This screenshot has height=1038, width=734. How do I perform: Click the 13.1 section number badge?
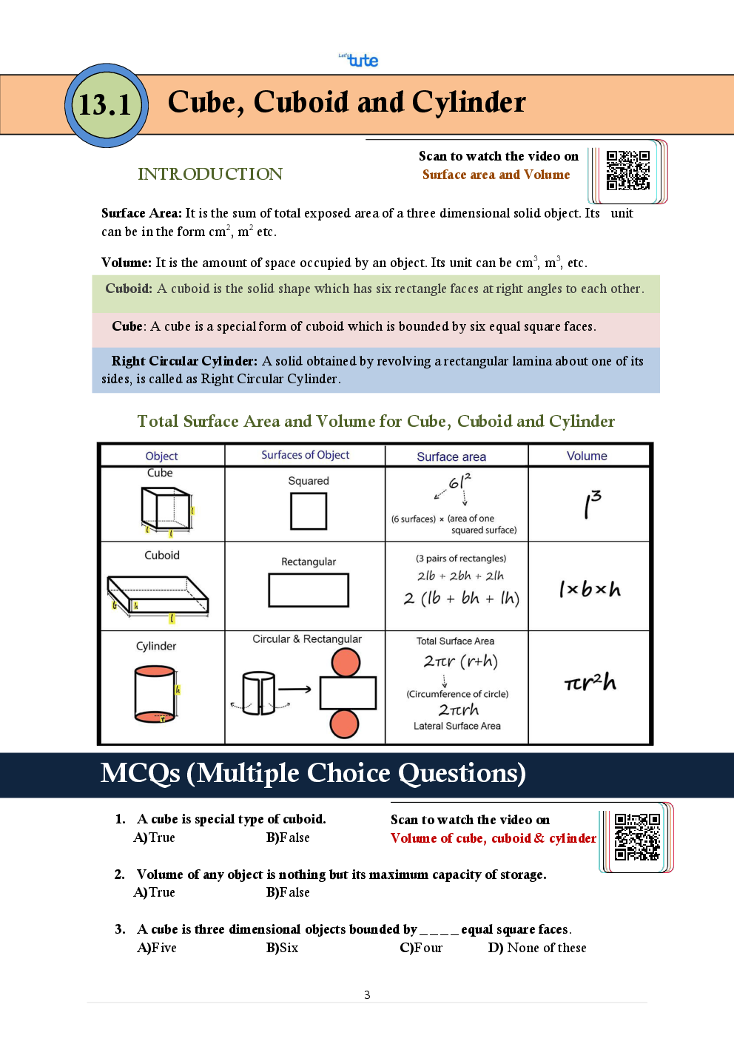(107, 105)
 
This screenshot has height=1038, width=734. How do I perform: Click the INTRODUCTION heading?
(210, 174)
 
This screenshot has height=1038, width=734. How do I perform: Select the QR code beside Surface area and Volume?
(627, 171)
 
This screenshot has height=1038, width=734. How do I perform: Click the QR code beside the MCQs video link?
(636, 837)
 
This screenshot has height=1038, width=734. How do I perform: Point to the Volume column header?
(587, 456)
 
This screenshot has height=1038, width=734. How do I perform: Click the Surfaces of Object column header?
(305, 455)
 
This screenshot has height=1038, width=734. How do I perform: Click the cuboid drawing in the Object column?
(158, 596)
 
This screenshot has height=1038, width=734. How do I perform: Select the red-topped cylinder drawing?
(155, 693)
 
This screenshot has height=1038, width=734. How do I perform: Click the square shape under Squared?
(309, 511)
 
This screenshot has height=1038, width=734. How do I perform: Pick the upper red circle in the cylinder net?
(346, 662)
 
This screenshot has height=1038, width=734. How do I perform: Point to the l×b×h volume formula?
(590, 589)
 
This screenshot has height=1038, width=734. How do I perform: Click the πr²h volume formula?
(590, 682)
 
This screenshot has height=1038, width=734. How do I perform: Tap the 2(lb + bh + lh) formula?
(462, 598)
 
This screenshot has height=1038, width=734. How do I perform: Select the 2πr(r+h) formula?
(460, 661)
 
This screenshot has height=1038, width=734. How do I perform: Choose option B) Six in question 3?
(282, 948)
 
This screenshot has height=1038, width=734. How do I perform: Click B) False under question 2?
(288, 892)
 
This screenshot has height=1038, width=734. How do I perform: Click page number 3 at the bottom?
(367, 994)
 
